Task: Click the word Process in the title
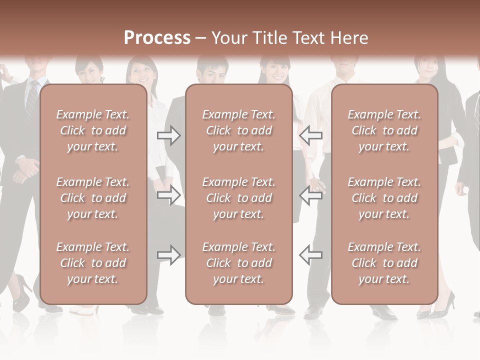157,38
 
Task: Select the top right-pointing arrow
169,135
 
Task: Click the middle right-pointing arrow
169,195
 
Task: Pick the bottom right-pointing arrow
169,255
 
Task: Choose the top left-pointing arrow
311,135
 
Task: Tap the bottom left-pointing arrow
311,255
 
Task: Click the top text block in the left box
93,130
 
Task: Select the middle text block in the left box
93,198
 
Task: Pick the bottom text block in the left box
93,263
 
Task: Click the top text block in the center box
238,130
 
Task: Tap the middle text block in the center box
238,198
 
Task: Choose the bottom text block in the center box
238,263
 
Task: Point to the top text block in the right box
384,130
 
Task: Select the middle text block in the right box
384,198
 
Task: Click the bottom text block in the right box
384,263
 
